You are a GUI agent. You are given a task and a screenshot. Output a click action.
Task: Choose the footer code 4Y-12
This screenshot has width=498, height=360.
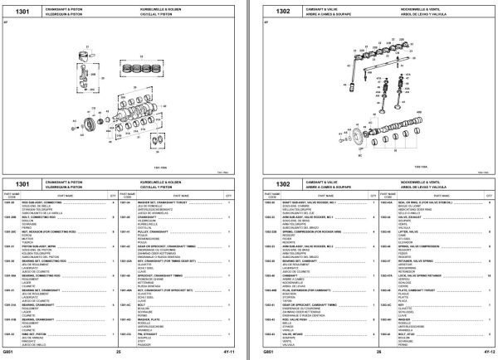coord(483,352)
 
